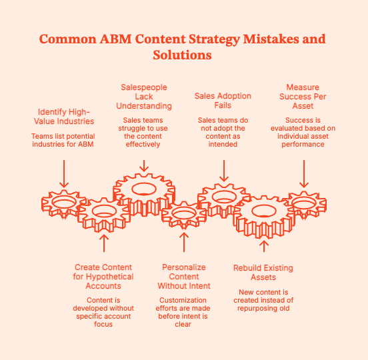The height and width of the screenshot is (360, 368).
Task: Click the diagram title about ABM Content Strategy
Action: (x=183, y=47)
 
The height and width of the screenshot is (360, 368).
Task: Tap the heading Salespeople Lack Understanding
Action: (x=145, y=97)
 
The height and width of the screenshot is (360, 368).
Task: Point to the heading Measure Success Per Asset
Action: (x=303, y=97)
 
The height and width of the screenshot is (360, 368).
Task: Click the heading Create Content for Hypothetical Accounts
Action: (x=104, y=277)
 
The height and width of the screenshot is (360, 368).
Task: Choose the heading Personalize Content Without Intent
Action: (x=184, y=277)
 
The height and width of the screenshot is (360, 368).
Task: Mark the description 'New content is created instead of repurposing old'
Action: (x=263, y=301)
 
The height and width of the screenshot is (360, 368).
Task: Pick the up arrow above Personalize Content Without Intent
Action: (x=184, y=241)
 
